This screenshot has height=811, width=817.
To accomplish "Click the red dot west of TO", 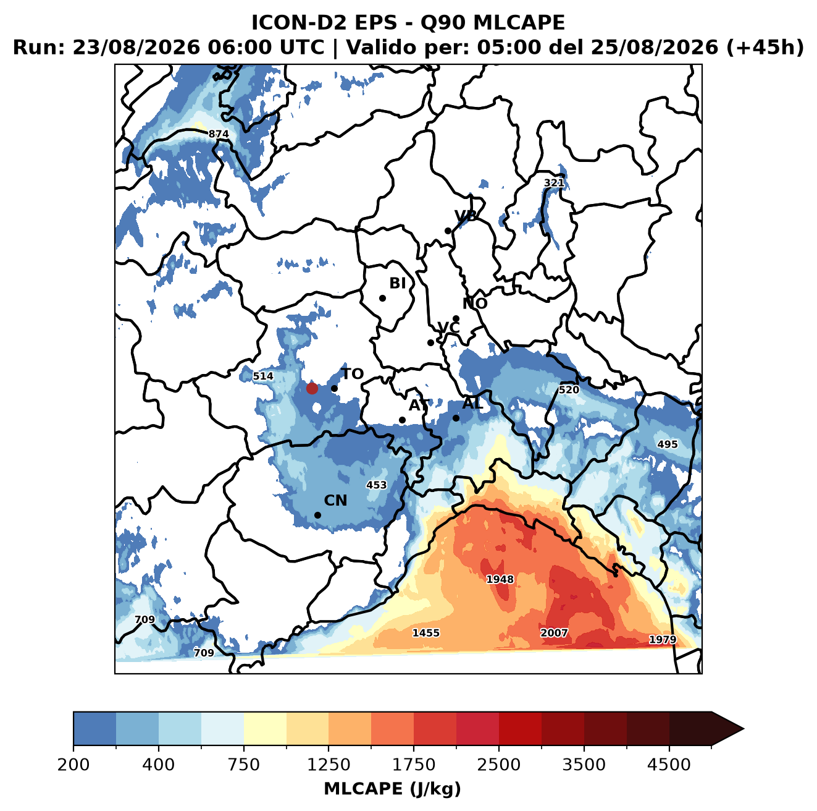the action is coord(312,388).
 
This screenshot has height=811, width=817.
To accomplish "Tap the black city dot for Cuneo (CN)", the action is coord(317,515).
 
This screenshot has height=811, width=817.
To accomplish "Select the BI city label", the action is coord(398,283).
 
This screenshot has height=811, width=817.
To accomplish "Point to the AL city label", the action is coord(472,403).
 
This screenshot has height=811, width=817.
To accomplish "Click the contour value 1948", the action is coord(500,579).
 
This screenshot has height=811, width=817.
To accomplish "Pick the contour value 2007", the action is coord(554,633).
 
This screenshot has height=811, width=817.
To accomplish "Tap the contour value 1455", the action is coord(425,633).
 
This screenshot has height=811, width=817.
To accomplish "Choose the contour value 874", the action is coord(219,134).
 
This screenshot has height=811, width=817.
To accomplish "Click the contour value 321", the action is coord(554,183).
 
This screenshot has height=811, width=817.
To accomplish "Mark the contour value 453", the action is coord(377,485).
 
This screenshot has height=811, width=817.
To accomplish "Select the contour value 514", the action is coord(263,376).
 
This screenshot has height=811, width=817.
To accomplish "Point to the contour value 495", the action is coord(668,444).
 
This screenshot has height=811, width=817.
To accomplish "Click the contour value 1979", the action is coord(663,639).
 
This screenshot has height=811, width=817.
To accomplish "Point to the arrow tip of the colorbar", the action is coord(744,729).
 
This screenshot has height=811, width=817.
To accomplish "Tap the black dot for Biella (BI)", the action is coord(382,298).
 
